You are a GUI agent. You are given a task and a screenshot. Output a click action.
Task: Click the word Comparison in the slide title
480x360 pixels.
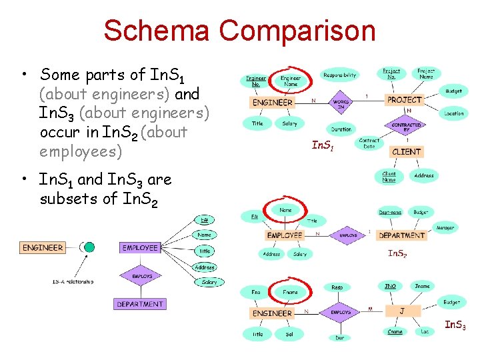pos(297,31)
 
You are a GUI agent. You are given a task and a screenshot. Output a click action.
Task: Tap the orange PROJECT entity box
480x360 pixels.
pos(405,99)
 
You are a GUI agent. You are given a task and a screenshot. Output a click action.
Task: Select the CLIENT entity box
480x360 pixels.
pos(406,151)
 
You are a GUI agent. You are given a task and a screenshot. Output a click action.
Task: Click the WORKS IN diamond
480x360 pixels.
pos(340,103)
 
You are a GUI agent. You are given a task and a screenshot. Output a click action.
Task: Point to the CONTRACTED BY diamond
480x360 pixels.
pos(405,126)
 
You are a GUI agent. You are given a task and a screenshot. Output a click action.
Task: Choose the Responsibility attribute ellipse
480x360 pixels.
pos(339,75)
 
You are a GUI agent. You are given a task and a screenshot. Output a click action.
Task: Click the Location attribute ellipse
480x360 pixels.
pos(454,113)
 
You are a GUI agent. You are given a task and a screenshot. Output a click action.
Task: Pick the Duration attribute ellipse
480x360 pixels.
pos(341,129)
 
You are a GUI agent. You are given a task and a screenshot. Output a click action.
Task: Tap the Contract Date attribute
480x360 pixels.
pos(369,143)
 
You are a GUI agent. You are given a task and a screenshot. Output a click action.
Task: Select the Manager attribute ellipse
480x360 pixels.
pos(445,227)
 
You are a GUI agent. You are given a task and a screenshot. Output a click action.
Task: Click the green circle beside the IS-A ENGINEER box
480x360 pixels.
pos(89,247)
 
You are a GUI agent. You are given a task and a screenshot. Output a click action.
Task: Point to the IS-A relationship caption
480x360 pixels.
pos(73,281)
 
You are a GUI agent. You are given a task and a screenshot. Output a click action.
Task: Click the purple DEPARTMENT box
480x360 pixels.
pos(140,304)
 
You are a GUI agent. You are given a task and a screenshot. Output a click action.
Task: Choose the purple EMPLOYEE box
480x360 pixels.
pos(141,247)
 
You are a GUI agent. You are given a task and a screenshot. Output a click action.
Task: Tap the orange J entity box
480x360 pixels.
pos(401,311)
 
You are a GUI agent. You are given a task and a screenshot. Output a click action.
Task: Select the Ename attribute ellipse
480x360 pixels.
pos(395,331)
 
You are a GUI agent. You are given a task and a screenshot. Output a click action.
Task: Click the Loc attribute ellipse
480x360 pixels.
pos(425,331)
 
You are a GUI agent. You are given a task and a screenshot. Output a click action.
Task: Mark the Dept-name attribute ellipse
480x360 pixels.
pos(390,212)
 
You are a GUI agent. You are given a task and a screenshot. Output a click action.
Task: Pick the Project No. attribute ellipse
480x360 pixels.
pos(391,73)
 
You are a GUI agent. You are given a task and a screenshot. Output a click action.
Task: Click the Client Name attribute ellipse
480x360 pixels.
pos(389,177)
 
